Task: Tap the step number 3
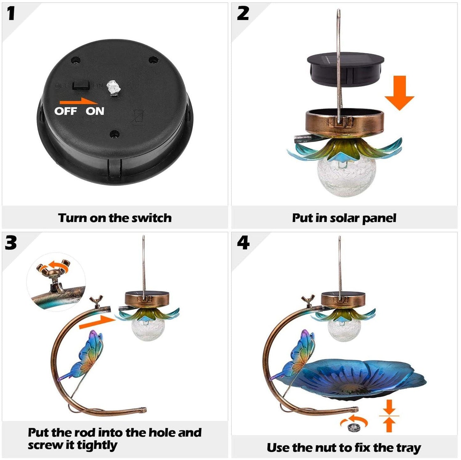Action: tap(11, 243)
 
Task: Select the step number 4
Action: tap(243, 243)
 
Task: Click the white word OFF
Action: tap(66, 111)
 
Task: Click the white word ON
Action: tap(95, 111)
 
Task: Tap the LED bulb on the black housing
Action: tap(113, 88)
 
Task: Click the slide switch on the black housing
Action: tap(80, 85)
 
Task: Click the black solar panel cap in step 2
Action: tap(346, 70)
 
